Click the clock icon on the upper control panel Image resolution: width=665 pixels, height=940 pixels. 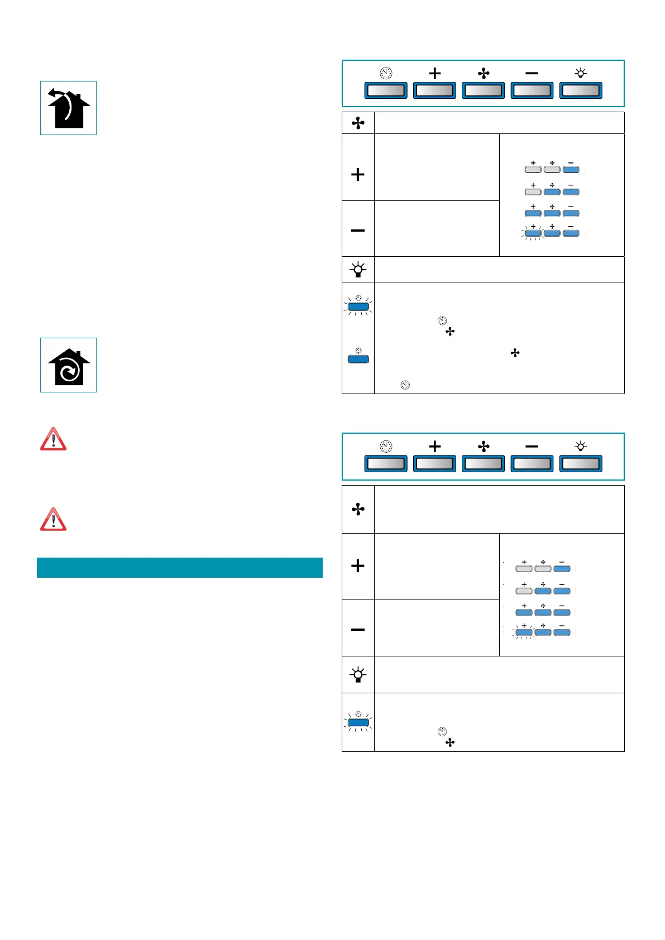(386, 74)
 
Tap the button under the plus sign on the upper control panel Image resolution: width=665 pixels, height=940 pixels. (434, 90)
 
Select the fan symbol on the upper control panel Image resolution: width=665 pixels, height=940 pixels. (484, 74)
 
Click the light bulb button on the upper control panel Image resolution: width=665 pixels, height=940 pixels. (581, 90)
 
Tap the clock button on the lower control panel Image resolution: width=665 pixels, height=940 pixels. (386, 464)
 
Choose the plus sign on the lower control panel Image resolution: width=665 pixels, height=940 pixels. (435, 447)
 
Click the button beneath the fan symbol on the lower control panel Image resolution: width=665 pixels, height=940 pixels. (484, 464)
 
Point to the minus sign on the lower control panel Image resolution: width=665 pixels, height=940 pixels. (532, 447)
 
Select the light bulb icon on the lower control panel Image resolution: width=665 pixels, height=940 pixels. (581, 447)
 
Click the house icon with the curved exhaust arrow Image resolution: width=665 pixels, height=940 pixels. (69, 108)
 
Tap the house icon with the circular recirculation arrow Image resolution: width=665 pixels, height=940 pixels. (69, 366)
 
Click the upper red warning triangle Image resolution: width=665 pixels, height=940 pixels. (54, 439)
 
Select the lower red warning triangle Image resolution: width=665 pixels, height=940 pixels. (54, 520)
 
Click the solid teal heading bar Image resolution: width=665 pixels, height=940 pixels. (180, 568)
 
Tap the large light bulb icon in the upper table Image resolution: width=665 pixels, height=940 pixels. (358, 270)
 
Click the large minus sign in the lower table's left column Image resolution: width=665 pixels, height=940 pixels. (358, 630)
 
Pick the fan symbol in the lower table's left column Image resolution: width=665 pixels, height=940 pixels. (358, 509)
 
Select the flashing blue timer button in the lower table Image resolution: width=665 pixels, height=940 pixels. (358, 723)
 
